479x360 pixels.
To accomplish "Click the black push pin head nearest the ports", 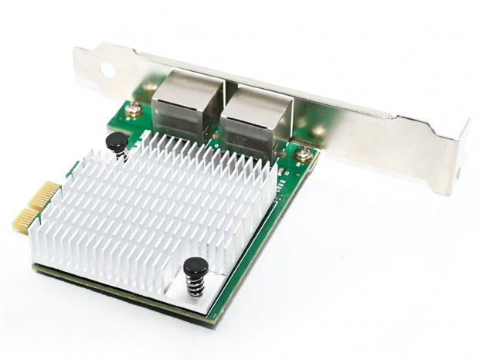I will (116, 141).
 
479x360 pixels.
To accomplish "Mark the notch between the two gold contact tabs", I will (35, 207).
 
